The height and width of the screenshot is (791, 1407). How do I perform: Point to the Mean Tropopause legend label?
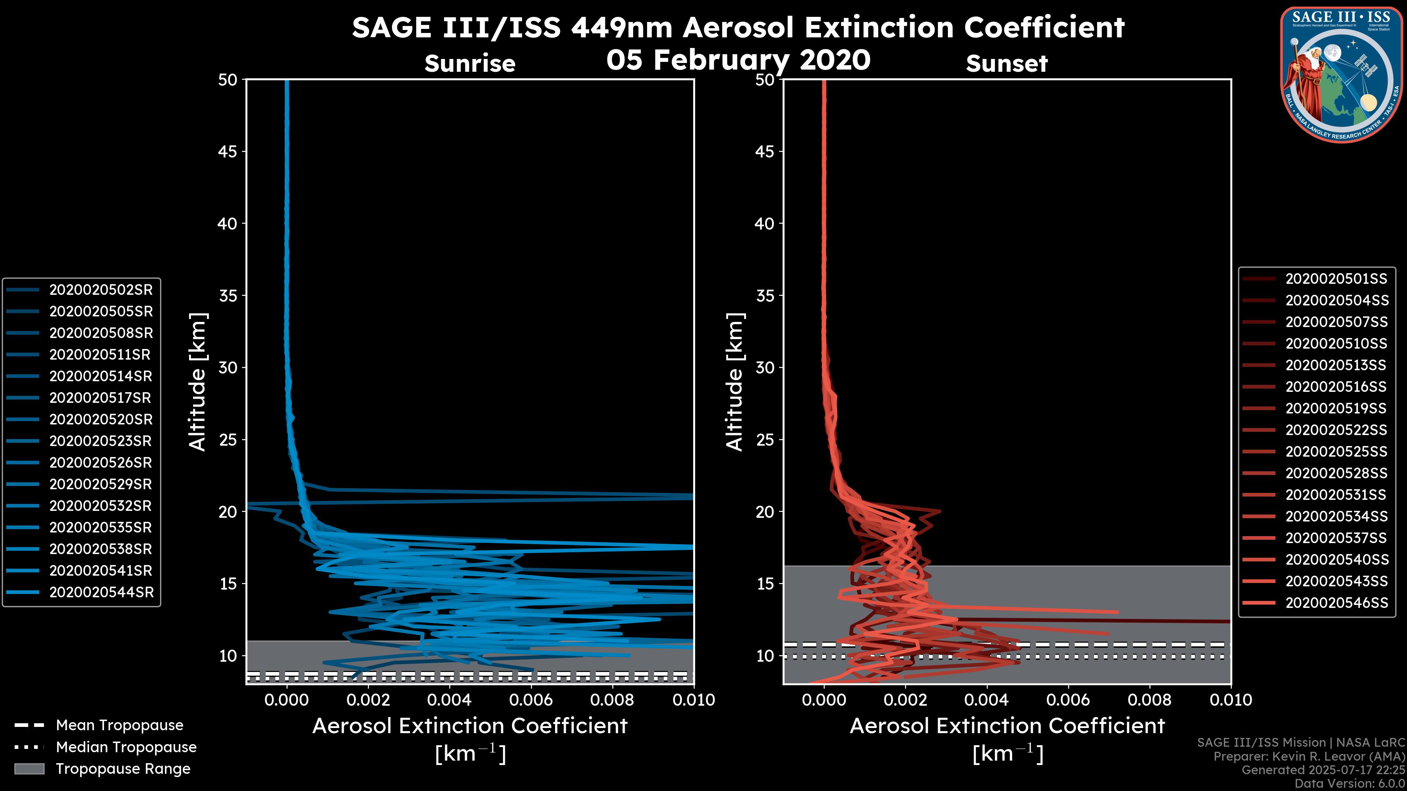click(x=119, y=725)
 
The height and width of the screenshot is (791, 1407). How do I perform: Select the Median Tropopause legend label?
click(x=126, y=747)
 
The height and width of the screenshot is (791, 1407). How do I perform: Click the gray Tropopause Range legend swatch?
click(x=29, y=769)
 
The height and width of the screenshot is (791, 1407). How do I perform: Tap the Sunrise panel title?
click(x=470, y=64)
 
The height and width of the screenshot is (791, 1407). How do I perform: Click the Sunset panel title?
click(x=1007, y=64)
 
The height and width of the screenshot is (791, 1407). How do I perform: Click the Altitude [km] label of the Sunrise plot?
click(x=198, y=382)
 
